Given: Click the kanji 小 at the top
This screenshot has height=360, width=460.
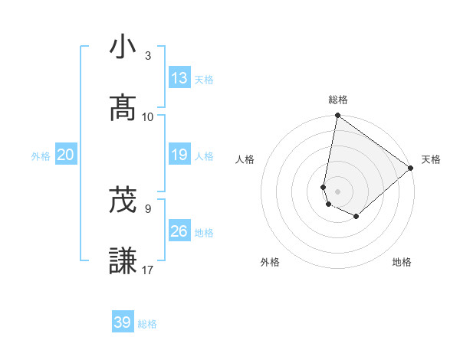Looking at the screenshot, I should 123,47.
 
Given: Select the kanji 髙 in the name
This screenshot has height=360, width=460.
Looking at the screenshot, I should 123,109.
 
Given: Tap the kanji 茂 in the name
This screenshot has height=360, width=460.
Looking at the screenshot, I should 123,201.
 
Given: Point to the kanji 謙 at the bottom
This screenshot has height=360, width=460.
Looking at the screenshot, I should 123,262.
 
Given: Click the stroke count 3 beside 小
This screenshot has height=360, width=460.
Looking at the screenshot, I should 148,56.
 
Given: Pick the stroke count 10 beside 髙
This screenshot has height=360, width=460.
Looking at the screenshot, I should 148,117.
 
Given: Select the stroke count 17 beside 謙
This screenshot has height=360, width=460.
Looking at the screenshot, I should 148,270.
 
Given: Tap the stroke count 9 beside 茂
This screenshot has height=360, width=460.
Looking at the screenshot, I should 148,208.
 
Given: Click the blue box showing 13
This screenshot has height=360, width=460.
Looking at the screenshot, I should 179,78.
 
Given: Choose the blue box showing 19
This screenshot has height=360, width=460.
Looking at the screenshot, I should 179,155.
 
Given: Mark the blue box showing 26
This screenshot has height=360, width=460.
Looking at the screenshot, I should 179,231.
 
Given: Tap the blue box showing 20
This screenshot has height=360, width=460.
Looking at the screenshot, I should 66,155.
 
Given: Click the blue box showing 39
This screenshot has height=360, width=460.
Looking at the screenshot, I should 123,322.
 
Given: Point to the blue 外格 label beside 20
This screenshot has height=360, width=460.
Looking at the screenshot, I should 41,156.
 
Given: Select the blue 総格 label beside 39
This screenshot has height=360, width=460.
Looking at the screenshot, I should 147,324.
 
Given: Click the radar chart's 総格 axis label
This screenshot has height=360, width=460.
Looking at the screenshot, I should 338,100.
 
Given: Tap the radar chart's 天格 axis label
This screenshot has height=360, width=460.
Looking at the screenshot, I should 431,159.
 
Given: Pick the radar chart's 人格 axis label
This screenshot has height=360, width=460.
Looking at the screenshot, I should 245,159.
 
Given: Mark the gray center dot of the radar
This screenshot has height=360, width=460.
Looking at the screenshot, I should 338,191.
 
